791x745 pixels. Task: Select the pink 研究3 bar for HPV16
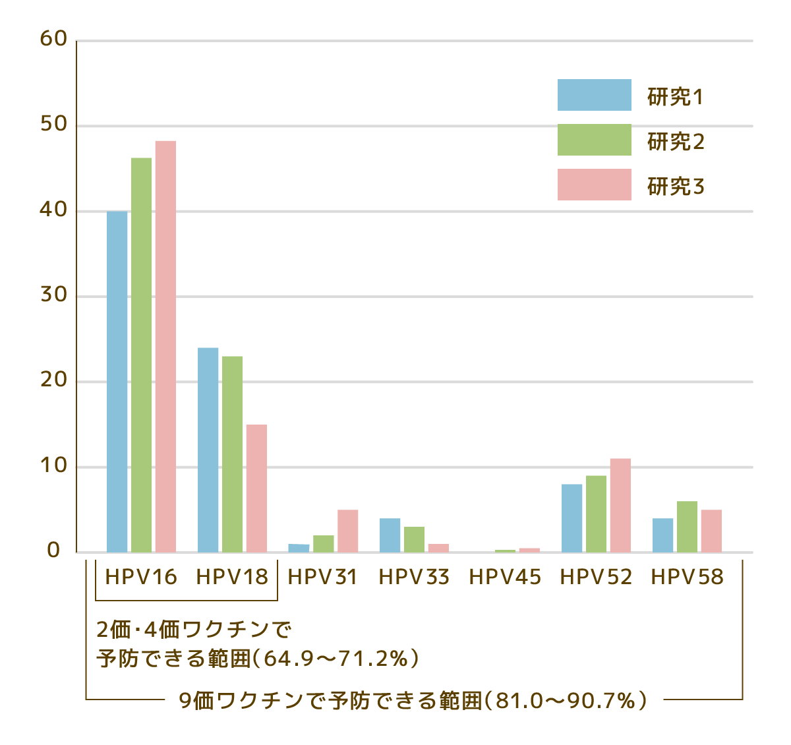coord(165,346)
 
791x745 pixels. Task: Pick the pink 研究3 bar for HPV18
coord(256,488)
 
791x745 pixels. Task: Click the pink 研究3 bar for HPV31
coord(347,531)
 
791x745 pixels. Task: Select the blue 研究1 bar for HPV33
coord(390,535)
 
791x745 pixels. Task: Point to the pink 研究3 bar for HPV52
coord(620,505)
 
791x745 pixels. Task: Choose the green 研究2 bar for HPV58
coord(687,526)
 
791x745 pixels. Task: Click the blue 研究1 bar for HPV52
coord(571,518)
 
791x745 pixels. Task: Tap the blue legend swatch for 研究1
coord(594,95)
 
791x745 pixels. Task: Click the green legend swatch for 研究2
coord(594,140)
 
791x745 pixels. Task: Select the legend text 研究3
coord(676,187)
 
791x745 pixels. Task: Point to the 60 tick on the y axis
coord(54,40)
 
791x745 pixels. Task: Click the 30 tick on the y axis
coord(54,295)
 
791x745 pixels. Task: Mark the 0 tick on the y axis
coord(54,551)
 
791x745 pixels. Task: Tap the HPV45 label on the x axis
coord(505,578)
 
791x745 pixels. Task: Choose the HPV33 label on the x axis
coord(414,578)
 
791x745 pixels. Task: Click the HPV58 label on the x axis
coord(687,578)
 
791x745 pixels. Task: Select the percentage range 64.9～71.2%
coord(336,658)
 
